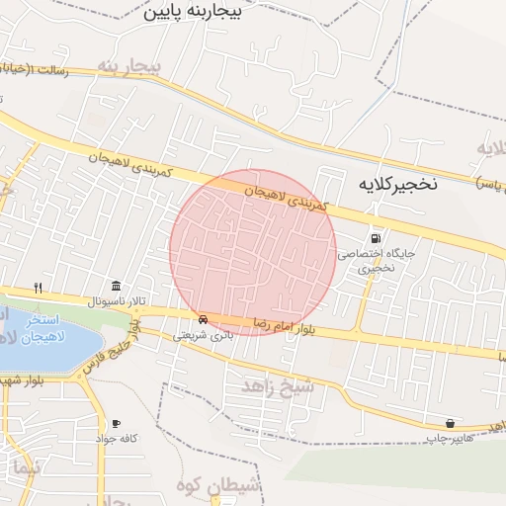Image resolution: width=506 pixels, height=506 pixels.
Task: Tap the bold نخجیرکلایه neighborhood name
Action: [396, 184]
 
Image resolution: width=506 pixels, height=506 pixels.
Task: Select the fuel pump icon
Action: [375, 238]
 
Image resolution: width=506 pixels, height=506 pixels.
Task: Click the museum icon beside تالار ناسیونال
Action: [117, 286]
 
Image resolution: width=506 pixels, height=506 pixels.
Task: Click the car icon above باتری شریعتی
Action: [202, 319]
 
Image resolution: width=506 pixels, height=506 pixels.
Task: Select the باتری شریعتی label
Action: [203, 335]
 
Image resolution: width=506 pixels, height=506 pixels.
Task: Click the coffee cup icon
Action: [116, 423]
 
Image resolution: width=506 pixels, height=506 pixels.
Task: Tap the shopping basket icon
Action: [450, 423]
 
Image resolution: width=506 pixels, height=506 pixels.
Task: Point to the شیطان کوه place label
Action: [217, 484]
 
